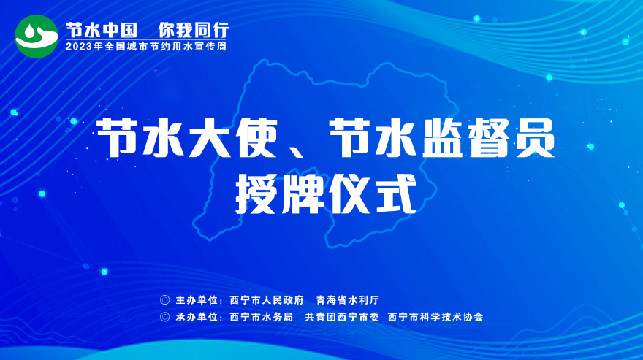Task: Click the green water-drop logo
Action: coord(37,37)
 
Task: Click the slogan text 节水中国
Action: coord(102,30)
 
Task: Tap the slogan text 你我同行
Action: coord(194,30)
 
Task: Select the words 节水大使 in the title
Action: coord(187,138)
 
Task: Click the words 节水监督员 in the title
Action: coord(442,138)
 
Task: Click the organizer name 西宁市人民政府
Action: coord(267,300)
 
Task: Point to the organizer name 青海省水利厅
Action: coord(347,300)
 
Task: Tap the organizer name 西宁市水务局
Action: coord(262,317)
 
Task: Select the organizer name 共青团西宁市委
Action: coord(342,317)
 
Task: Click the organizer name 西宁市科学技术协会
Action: coord(435,317)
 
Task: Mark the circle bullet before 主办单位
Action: coord(165,300)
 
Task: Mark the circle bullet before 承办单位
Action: coord(165,317)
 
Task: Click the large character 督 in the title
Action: coord(487,138)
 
